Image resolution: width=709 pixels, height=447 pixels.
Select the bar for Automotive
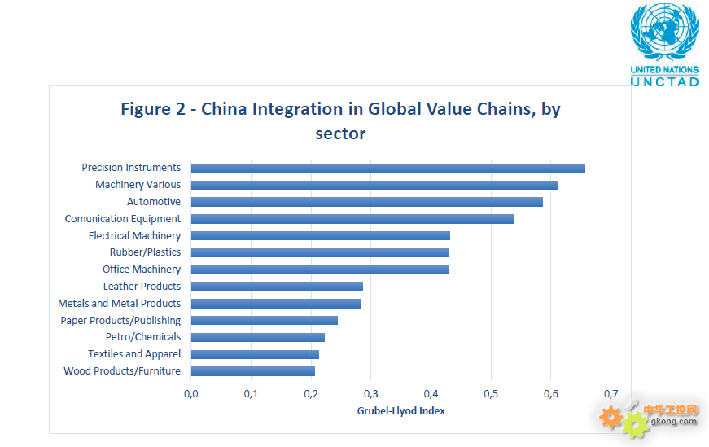tap(366, 202)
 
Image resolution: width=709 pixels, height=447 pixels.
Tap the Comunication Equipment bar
tap(352, 219)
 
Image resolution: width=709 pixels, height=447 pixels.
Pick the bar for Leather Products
tap(277, 287)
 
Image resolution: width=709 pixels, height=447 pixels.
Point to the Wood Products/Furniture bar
tap(252, 371)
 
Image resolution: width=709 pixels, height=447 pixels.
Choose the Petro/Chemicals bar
tap(257, 337)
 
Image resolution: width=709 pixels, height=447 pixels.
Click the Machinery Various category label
tap(138, 185)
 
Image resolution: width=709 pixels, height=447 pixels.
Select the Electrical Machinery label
tap(134, 236)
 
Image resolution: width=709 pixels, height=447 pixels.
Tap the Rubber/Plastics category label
tap(145, 252)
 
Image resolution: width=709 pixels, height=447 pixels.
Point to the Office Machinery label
tap(142, 270)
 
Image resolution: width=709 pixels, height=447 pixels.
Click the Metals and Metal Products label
tap(119, 304)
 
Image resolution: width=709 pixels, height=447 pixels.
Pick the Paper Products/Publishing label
tap(120, 321)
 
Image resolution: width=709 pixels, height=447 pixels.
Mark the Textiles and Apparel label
tap(134, 354)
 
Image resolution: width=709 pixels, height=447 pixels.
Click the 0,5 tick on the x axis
tap(490, 394)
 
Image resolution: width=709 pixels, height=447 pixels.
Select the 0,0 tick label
tap(191, 394)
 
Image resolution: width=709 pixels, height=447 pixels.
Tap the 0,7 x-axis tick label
tap(611, 394)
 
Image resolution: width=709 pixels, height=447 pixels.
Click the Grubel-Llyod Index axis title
tap(400, 411)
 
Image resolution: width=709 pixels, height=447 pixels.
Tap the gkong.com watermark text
tap(674, 421)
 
